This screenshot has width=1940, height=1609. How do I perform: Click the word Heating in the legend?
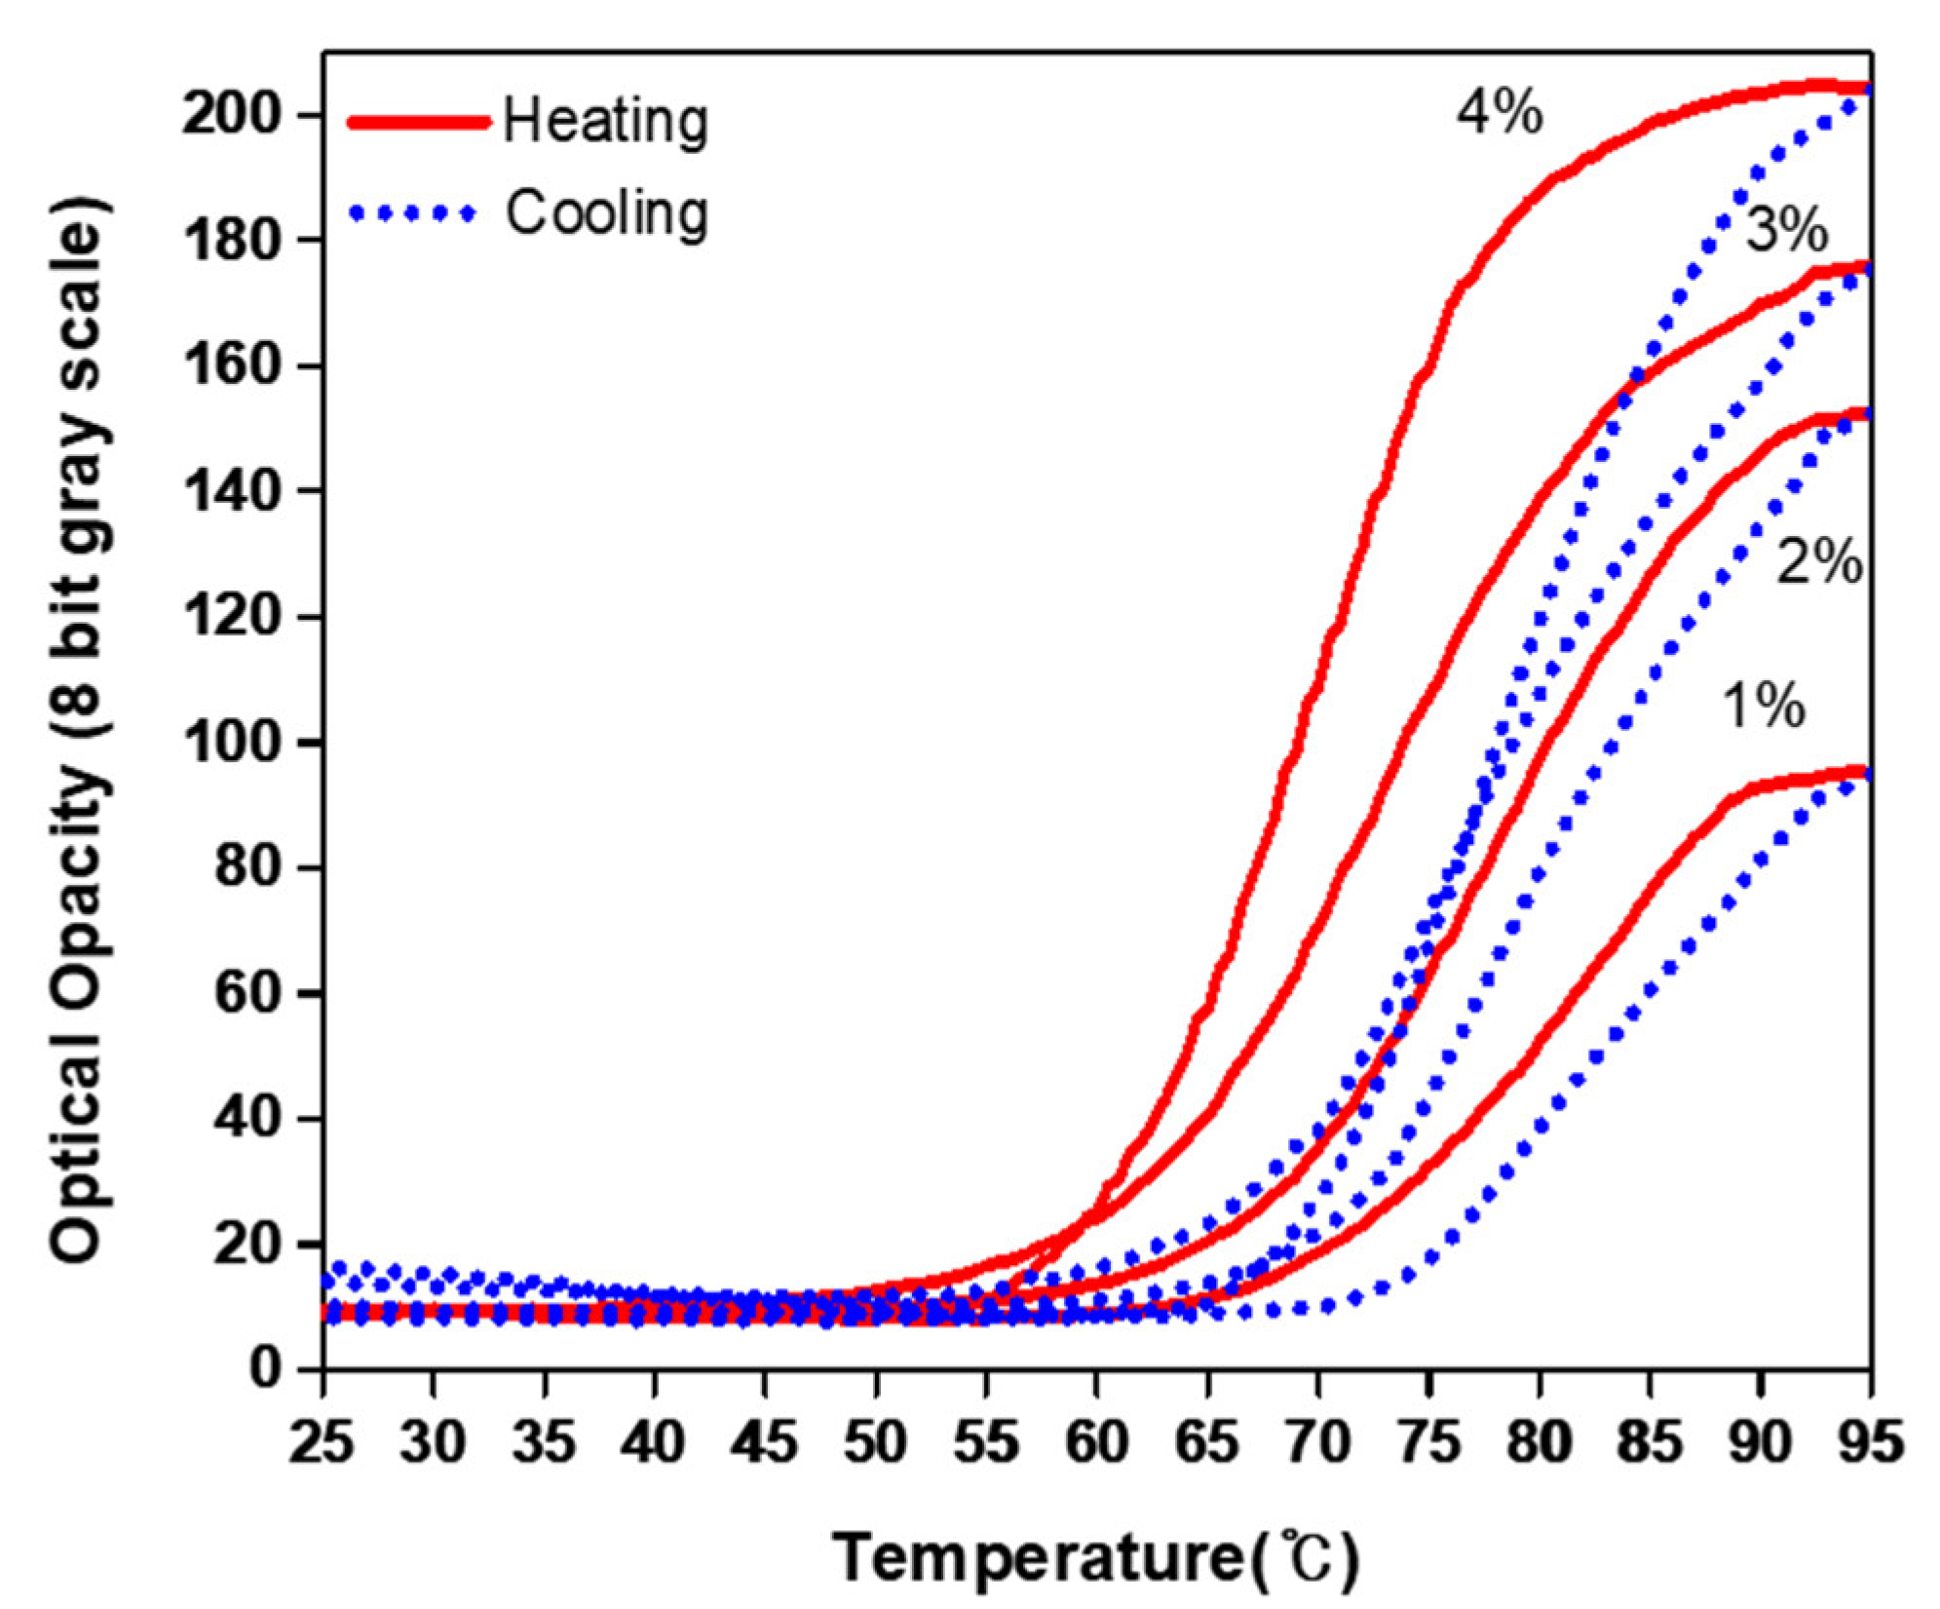click(x=605, y=123)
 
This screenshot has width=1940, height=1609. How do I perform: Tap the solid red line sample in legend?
click(x=419, y=122)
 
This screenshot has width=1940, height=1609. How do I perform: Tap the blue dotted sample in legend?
click(x=414, y=213)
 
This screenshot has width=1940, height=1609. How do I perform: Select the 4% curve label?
click(x=1500, y=113)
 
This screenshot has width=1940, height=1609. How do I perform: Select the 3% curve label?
click(x=1785, y=232)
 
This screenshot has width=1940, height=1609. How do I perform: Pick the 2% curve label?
click(x=1819, y=563)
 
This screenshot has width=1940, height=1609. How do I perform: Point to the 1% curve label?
click(x=1764, y=706)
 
